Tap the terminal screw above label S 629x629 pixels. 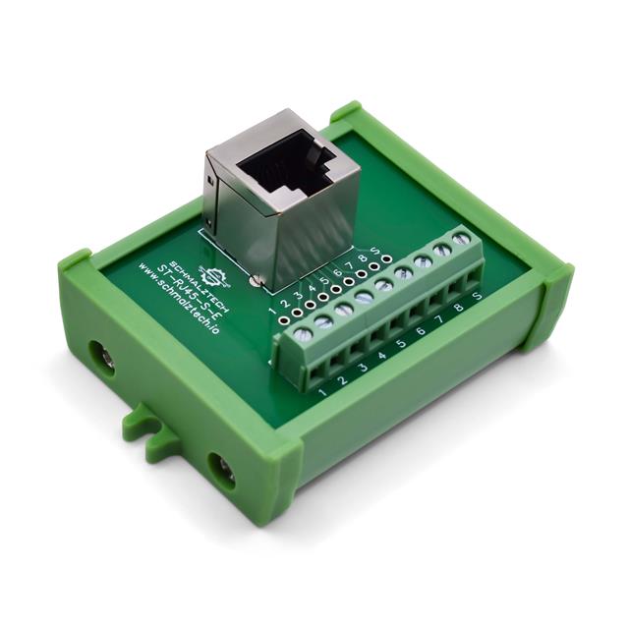[x=461, y=240]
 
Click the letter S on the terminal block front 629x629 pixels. [x=478, y=295]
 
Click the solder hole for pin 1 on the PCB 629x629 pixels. [x=283, y=319]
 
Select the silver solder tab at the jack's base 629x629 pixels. [x=256, y=282]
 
